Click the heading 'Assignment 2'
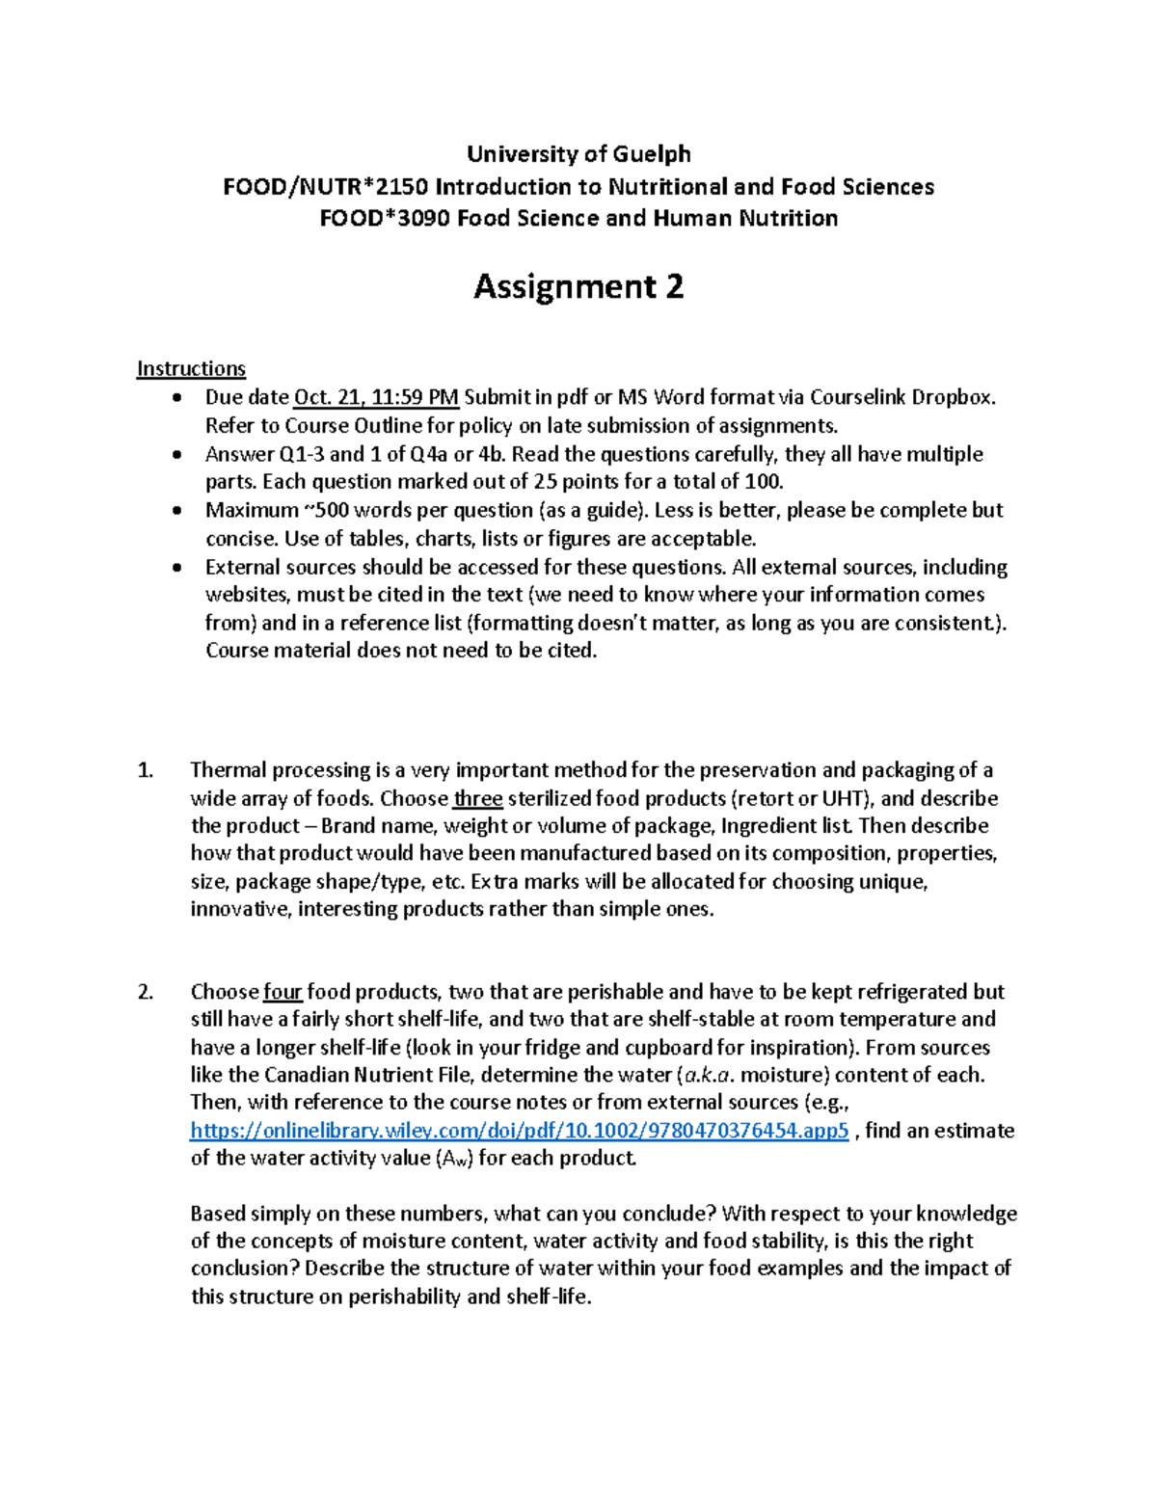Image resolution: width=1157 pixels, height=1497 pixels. [578, 286]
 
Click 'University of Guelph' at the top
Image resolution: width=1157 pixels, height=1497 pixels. [578, 154]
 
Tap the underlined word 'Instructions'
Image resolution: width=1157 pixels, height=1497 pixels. [191, 368]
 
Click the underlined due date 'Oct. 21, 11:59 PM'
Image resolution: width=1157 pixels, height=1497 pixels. [376, 397]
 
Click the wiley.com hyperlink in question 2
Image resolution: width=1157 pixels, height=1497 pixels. [520, 1131]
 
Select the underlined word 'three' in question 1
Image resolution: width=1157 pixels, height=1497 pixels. [478, 798]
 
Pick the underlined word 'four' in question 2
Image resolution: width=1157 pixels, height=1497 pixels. [283, 992]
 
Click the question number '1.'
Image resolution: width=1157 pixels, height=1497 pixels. [146, 770]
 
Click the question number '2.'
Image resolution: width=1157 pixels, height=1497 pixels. [146, 992]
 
